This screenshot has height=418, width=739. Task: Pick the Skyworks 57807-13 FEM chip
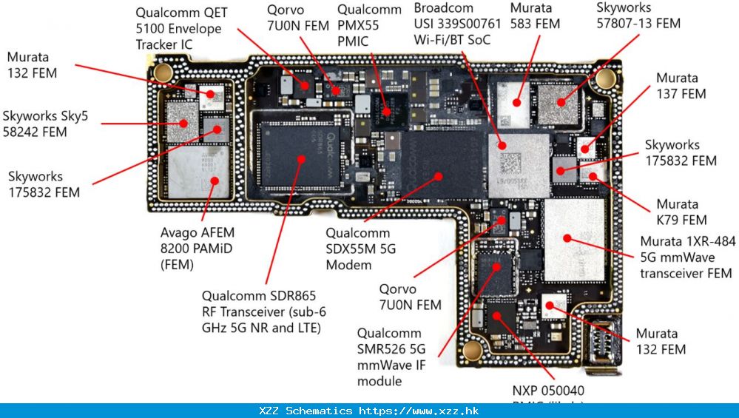pyautogui.click(x=559, y=104)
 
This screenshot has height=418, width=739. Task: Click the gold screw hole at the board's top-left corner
pyautogui.click(x=163, y=73)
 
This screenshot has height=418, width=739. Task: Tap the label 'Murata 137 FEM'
pyautogui.click(x=681, y=86)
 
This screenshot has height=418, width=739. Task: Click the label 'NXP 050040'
pyautogui.click(x=547, y=390)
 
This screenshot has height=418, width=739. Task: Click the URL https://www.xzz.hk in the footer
pyautogui.click(x=419, y=411)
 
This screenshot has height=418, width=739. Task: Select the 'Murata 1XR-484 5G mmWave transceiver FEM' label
pyautogui.click(x=686, y=257)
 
